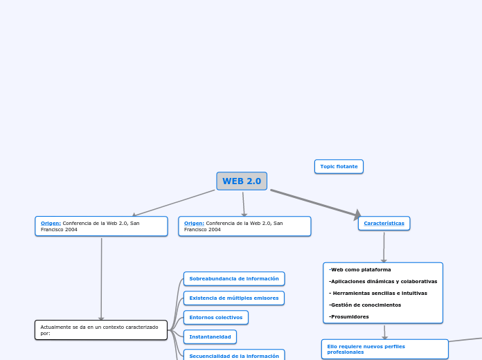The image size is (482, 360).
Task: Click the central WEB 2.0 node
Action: coord(242,181)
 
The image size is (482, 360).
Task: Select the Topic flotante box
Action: coord(339,166)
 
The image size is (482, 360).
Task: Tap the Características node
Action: coord(384,223)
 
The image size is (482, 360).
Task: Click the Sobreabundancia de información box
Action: coord(234,278)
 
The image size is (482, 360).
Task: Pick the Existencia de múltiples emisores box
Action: coord(234,298)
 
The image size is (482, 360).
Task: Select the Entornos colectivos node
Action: coord(215,317)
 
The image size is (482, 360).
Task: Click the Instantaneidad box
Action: coord(210,336)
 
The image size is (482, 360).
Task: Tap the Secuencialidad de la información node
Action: coord(234,355)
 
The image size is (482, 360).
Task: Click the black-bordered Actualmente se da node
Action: coord(101,330)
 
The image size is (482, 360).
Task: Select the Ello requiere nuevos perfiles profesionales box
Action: coord(384,349)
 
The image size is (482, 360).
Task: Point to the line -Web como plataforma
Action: coord(360,269)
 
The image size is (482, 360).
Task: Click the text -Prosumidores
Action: coord(349,316)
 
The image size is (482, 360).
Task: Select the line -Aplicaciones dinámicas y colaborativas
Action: coord(383,281)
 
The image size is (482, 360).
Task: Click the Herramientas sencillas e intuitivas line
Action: coord(380,293)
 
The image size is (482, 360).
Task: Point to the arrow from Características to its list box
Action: coord(384,246)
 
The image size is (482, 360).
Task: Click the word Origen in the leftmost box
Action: coord(51,223)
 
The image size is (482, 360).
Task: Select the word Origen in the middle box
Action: coord(194,223)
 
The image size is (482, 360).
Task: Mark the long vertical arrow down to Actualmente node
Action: coord(101,277)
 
